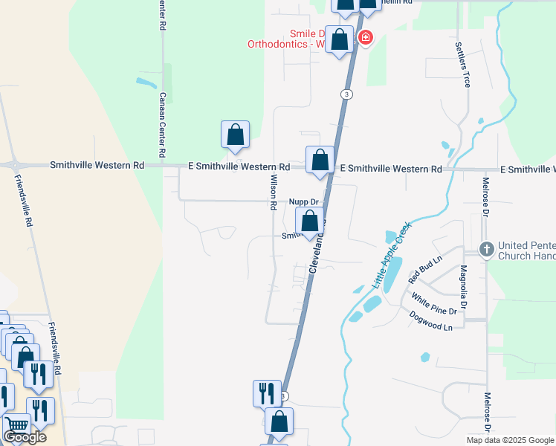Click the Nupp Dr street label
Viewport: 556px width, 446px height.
(x=303, y=201)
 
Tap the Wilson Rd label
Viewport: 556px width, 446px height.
(x=274, y=191)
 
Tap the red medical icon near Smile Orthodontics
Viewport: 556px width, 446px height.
(x=364, y=37)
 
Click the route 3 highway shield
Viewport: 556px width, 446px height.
(x=346, y=94)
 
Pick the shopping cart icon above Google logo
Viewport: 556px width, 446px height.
(x=16, y=426)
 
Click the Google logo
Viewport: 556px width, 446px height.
(x=25, y=438)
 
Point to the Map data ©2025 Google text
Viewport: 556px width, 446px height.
(x=510, y=439)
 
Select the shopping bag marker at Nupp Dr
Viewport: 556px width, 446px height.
(x=310, y=222)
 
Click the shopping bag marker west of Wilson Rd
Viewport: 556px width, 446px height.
(x=235, y=135)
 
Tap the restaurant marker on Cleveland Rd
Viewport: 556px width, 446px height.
(x=267, y=392)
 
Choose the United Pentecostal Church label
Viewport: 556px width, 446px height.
(x=526, y=250)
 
